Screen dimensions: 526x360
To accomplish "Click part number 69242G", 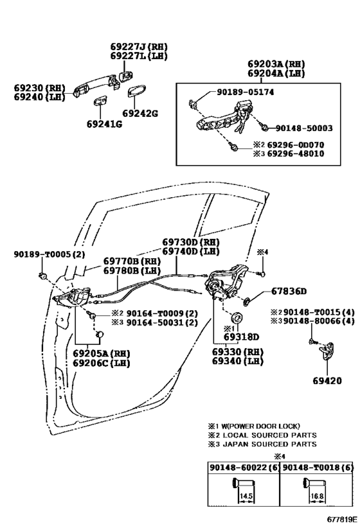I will coord(139,113).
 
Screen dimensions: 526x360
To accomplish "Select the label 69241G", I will coord(104,123).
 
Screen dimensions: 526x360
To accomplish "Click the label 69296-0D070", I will coord(296,145).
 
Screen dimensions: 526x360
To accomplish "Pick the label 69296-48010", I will coord(296,154).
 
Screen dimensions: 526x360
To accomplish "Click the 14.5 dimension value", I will coord(244,496).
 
